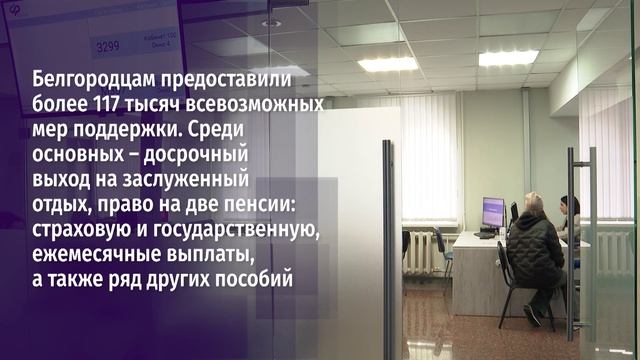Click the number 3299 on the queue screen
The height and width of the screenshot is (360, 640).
point(105,46)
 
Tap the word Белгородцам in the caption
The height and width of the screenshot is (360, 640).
point(95,79)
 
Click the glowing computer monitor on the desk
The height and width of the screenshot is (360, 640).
point(492,212)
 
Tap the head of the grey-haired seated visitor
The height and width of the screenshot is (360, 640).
point(533,202)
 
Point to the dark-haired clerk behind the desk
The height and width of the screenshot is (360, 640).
point(569,210)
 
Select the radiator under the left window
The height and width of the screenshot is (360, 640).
point(421,250)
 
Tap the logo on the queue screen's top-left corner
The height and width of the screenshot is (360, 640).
point(18,18)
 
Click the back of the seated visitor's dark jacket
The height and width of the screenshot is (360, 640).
point(535,250)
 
